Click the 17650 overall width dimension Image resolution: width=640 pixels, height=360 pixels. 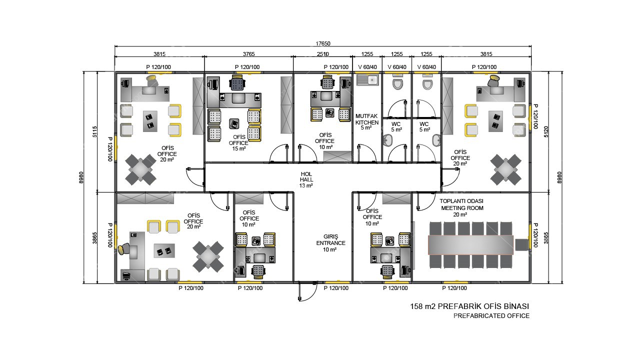(322, 43)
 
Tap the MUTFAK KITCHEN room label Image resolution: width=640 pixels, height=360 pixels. (367, 122)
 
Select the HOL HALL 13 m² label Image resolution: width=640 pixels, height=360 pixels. (306, 180)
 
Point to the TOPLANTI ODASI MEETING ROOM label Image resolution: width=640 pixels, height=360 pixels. (461, 207)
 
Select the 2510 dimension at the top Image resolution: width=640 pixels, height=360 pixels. (322, 54)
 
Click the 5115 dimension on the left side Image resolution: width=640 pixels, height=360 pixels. (95, 131)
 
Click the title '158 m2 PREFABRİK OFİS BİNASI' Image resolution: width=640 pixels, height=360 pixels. (469, 306)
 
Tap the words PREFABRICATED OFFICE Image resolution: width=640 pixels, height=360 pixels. (491, 316)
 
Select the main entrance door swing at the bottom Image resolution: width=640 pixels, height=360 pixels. (306, 292)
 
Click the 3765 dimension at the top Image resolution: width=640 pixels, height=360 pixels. (248, 54)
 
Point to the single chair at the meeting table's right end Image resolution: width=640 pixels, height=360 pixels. (521, 244)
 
